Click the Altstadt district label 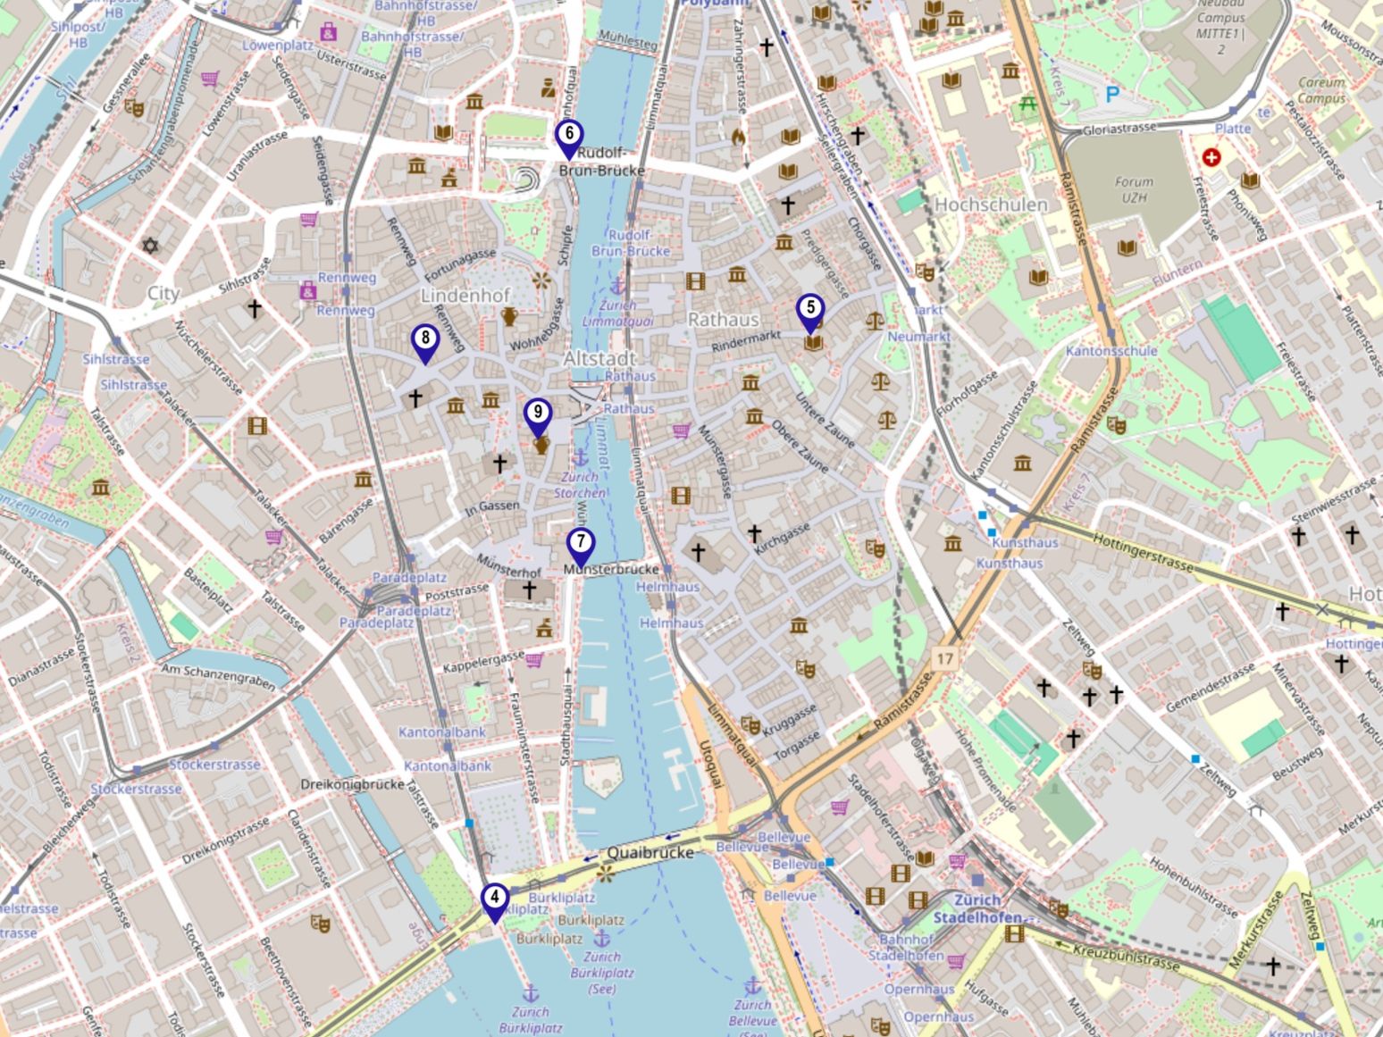(599, 358)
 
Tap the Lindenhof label (465, 295)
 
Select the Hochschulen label (991, 205)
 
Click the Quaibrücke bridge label (650, 852)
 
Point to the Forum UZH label (1134, 188)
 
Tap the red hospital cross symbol (1211, 158)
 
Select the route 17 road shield (945, 659)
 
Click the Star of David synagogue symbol (150, 245)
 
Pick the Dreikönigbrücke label (353, 784)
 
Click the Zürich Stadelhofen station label (978, 908)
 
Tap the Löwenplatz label (277, 44)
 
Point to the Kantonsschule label (1111, 351)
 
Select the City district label (163, 293)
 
